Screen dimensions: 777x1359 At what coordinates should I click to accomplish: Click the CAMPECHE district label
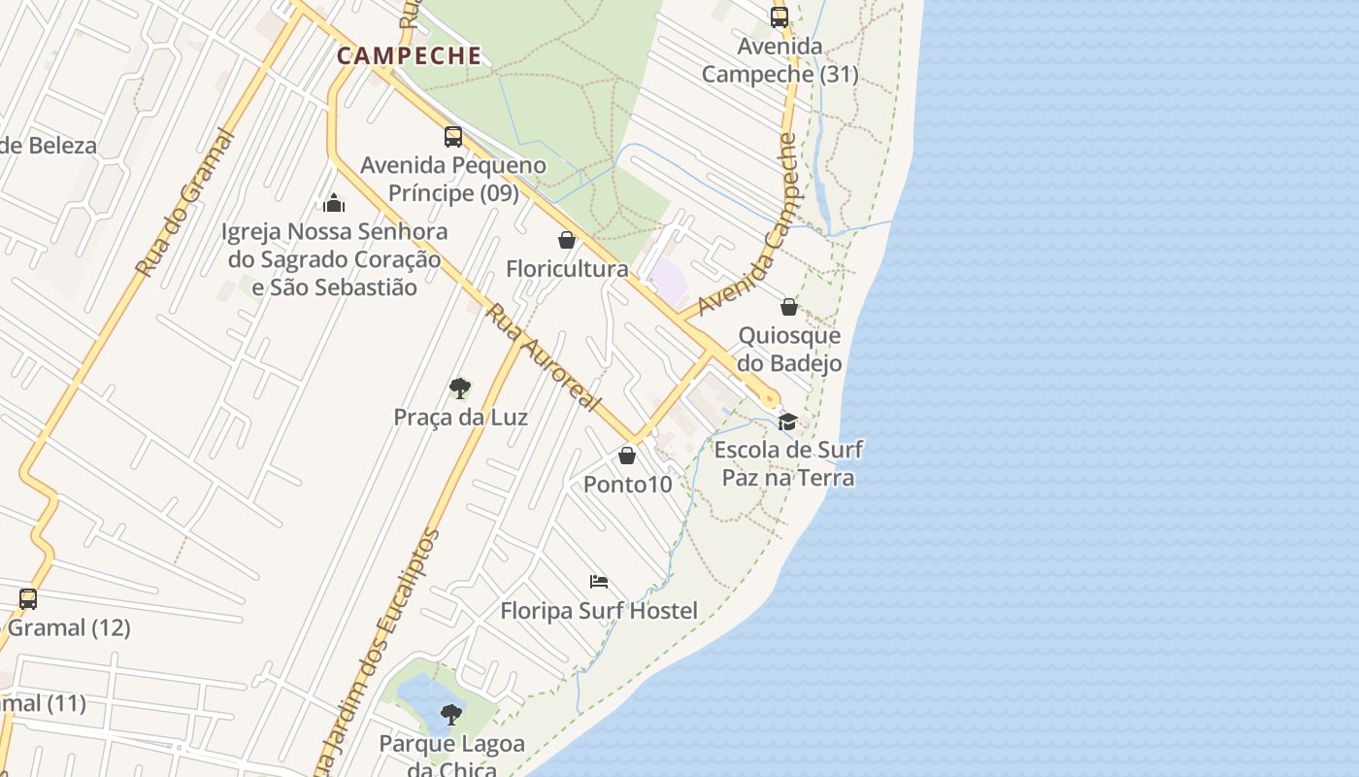409,55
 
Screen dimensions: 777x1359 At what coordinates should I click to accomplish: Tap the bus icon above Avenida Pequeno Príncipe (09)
453,137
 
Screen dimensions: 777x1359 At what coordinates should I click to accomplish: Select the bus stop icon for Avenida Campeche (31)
779,17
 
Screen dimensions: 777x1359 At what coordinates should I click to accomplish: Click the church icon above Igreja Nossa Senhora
334,203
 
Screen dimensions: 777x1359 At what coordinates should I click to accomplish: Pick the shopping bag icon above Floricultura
567,240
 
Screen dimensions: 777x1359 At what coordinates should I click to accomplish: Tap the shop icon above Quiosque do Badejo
789,307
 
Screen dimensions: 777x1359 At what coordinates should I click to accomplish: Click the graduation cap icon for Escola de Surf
787,422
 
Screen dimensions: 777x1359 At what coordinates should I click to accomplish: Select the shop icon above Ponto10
627,455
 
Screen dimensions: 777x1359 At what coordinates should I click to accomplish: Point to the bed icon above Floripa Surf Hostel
599,582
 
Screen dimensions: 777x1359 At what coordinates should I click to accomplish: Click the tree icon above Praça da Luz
460,388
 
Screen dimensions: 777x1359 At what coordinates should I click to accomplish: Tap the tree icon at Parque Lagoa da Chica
450,715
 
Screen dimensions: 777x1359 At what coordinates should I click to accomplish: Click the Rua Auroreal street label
544,357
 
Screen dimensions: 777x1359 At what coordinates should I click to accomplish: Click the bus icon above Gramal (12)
28,598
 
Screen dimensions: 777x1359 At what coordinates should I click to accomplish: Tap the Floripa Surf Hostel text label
599,611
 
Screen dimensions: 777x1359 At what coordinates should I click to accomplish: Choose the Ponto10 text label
627,484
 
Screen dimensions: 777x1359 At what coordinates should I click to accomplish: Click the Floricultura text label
567,269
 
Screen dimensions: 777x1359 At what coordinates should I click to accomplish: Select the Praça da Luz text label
460,418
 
